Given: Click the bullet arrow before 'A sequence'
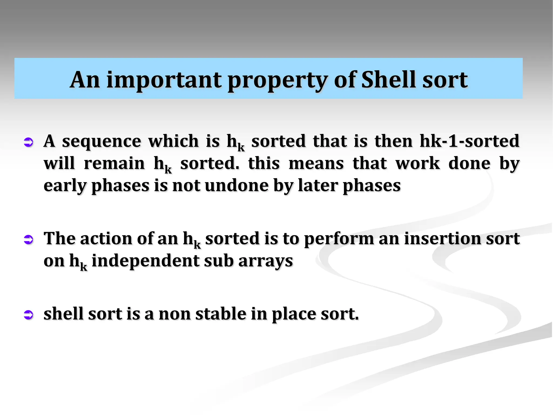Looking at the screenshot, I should pyautogui.click(x=28, y=142).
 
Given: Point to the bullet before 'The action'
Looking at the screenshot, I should pyautogui.click(x=28, y=239).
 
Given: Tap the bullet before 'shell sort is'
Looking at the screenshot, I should pyautogui.click(x=28, y=314).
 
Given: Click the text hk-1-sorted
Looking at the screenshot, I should pyautogui.click(x=469, y=141).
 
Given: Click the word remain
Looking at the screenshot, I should pyautogui.click(x=114, y=163).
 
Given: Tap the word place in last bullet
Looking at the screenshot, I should pyautogui.click(x=294, y=314).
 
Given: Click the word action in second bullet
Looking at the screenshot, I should pyautogui.click(x=107, y=239).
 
